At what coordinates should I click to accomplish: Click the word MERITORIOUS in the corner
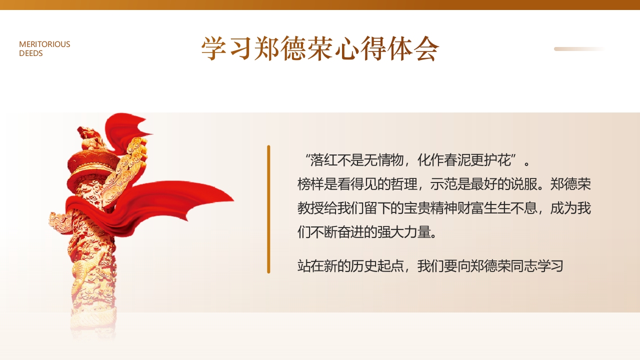44,44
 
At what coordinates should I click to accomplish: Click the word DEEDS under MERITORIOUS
31,53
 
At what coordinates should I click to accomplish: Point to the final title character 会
426,49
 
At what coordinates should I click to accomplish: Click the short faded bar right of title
579,49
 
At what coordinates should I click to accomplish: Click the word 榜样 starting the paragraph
309,184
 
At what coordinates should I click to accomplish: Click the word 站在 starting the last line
309,266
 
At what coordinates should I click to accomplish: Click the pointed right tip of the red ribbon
233,201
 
